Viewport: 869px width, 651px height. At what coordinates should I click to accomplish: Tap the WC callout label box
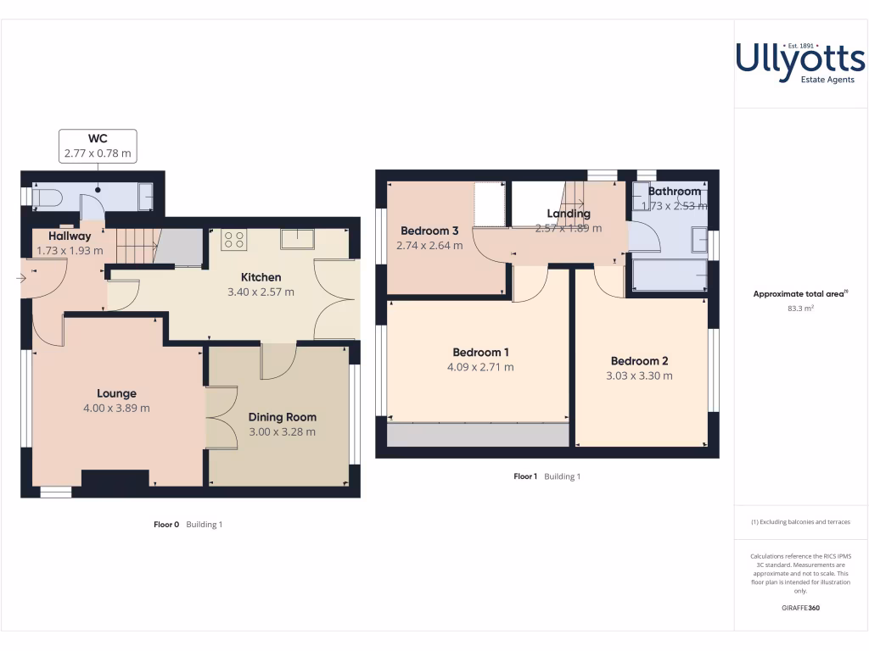point(98,146)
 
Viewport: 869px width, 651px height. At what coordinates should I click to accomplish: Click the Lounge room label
point(116,393)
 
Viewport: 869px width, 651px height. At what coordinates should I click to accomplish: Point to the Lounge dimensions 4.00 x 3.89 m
point(116,408)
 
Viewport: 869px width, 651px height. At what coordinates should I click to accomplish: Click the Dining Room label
point(282,417)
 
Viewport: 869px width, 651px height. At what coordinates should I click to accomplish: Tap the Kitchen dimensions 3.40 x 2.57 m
point(261,292)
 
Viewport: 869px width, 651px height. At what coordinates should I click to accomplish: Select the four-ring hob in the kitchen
point(233,240)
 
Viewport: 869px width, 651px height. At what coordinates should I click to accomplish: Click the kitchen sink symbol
point(297,239)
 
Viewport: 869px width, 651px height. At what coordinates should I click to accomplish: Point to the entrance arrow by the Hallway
point(21,276)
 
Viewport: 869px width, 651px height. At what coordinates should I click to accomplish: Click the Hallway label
point(69,236)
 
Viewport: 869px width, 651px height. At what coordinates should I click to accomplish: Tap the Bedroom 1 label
point(481,353)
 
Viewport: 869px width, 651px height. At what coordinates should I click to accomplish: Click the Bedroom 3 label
point(429,231)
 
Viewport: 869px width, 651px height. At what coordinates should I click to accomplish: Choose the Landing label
point(568,214)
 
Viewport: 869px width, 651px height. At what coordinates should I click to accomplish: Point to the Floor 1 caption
point(525,476)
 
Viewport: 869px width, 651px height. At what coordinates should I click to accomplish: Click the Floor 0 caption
point(165,525)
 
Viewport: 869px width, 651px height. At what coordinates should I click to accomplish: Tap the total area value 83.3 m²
point(800,309)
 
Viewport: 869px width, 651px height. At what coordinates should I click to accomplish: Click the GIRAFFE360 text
point(800,608)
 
